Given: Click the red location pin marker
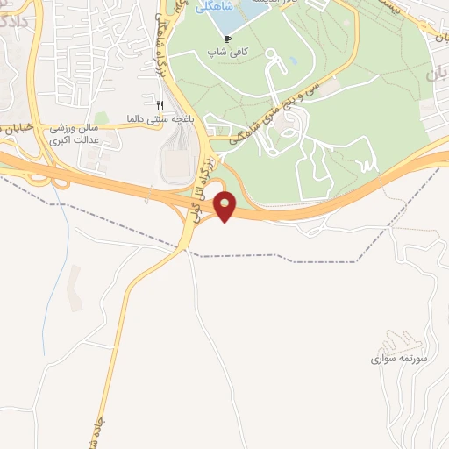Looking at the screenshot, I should coord(226,207).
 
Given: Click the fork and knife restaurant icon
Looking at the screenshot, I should coord(160,104).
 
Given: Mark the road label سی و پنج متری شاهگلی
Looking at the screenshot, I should coord(272,113).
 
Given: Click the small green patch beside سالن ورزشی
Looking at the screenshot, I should coord(102,118).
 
